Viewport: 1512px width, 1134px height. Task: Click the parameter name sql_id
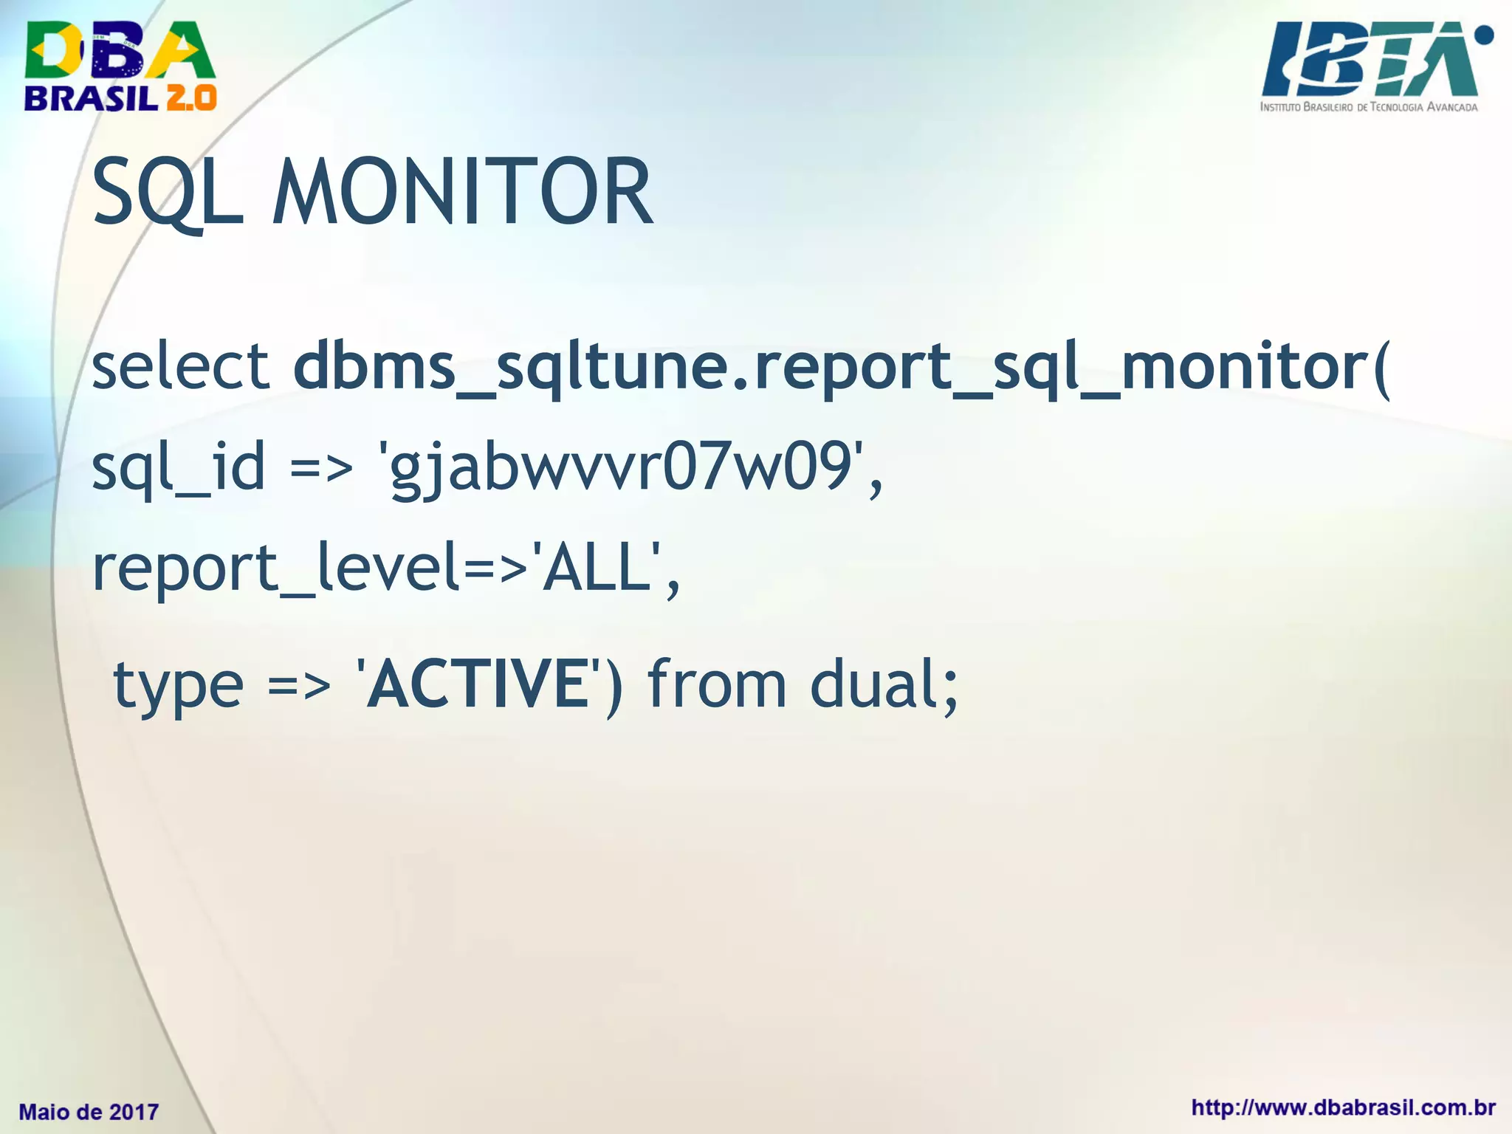(178, 468)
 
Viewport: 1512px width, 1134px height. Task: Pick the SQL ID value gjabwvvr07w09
(620, 470)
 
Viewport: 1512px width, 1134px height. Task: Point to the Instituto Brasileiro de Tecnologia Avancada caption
(1369, 107)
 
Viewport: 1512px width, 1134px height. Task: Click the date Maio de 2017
(89, 1112)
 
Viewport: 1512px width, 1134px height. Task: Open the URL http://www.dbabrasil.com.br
(1343, 1107)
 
